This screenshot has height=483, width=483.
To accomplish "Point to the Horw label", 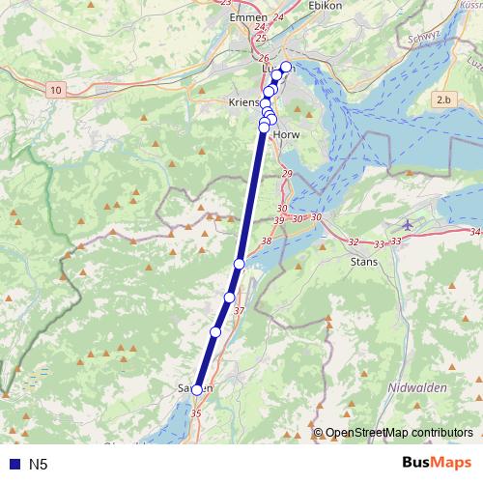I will point(287,135).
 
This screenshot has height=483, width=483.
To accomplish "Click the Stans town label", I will point(363,261).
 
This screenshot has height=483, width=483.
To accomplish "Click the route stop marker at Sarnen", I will point(197,390).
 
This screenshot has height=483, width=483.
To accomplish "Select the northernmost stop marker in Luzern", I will point(286,67).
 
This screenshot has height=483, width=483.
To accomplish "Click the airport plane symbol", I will point(407,224).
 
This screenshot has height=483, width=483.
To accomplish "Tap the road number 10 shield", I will point(57,89).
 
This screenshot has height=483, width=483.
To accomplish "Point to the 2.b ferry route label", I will point(443,99).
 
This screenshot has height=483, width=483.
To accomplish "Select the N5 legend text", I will point(39,465).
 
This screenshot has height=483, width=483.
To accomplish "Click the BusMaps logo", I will point(438,464).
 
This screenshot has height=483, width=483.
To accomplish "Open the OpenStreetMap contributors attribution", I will point(398,433).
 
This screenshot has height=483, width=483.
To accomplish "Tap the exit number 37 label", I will point(240,311).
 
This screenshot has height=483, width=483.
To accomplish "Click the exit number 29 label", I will point(286,174).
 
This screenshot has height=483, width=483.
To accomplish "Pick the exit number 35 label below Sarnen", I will point(197,413).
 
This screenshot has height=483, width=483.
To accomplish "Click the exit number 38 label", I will point(267,241).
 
